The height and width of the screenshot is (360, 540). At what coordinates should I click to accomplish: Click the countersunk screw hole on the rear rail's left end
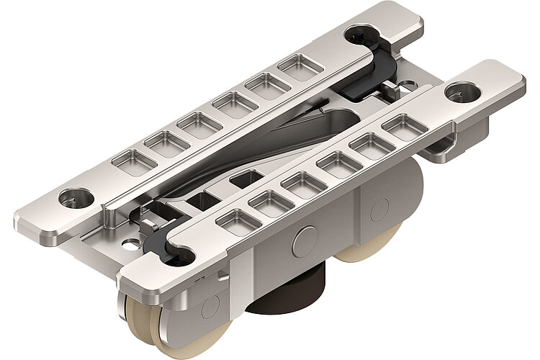click(x=76, y=195)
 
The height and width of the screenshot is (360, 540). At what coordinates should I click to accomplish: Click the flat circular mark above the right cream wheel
click(x=378, y=209)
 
